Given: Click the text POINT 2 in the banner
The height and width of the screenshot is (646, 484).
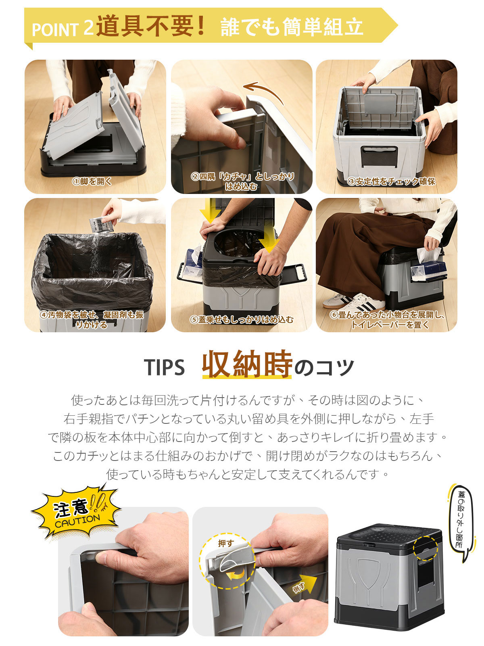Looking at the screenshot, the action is [63, 29].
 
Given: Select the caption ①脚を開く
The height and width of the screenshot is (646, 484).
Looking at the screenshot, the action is [92, 181].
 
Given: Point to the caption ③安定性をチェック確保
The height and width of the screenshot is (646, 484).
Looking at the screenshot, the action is [391, 181].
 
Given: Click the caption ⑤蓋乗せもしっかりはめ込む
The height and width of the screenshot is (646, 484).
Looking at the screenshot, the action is [242, 320].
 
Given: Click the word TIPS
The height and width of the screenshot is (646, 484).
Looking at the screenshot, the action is [164, 367].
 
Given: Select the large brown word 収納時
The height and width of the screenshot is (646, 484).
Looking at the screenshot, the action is [247, 364].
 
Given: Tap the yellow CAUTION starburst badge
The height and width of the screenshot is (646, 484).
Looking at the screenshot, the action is [76, 512].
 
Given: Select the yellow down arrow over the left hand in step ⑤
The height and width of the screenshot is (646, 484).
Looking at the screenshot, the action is [210, 211].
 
